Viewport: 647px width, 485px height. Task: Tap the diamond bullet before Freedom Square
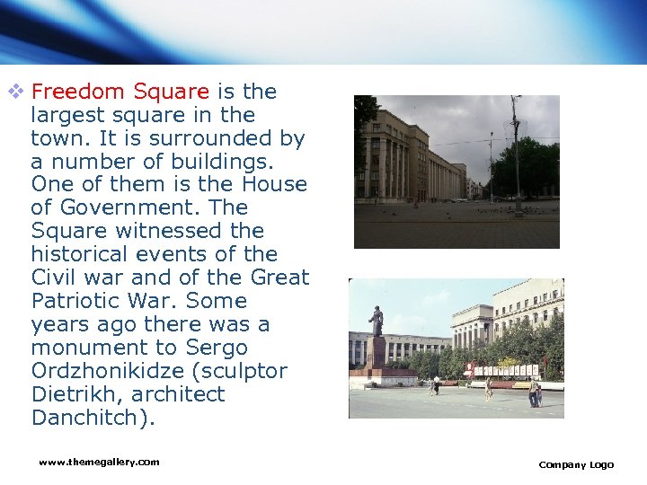tap(16, 91)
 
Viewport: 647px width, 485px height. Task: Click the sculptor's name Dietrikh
tap(70, 394)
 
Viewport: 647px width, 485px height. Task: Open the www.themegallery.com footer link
tap(99, 463)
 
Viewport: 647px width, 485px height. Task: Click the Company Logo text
tap(576, 464)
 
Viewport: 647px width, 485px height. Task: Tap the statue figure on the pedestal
tap(377, 321)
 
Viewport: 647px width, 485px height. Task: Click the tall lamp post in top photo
tap(516, 153)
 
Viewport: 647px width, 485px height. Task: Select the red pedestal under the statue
tap(377, 355)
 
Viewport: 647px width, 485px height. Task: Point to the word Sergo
tap(215, 348)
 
